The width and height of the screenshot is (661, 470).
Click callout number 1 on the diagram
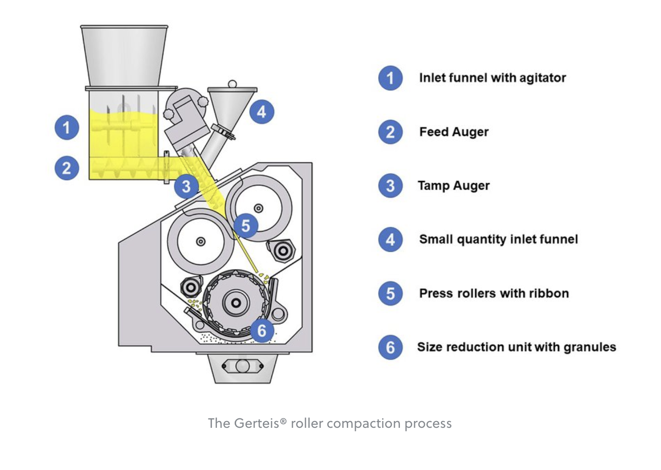(x=67, y=127)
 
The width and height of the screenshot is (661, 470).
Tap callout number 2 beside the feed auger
(x=67, y=168)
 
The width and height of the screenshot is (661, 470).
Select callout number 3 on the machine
(x=186, y=186)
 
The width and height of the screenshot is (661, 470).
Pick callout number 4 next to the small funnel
(x=262, y=112)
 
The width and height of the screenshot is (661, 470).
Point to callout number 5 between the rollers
(x=246, y=225)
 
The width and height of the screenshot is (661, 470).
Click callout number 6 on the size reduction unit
(x=262, y=330)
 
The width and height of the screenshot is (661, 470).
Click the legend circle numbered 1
(x=390, y=78)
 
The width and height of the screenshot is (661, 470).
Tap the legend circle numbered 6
(x=390, y=348)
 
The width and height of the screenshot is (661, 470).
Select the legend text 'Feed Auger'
(x=454, y=132)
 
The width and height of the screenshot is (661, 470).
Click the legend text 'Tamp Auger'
(x=454, y=186)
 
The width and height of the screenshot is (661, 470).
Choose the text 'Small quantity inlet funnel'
(x=498, y=240)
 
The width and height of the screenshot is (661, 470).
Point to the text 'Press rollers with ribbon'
(x=494, y=294)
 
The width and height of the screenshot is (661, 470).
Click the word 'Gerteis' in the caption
(x=257, y=423)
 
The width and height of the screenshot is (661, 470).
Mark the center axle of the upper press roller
(x=258, y=208)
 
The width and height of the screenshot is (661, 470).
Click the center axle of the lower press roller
(x=201, y=242)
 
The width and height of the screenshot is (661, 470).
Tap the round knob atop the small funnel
(x=232, y=84)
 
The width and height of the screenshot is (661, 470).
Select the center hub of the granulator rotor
(x=236, y=303)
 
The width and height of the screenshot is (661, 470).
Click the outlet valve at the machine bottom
(x=242, y=366)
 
